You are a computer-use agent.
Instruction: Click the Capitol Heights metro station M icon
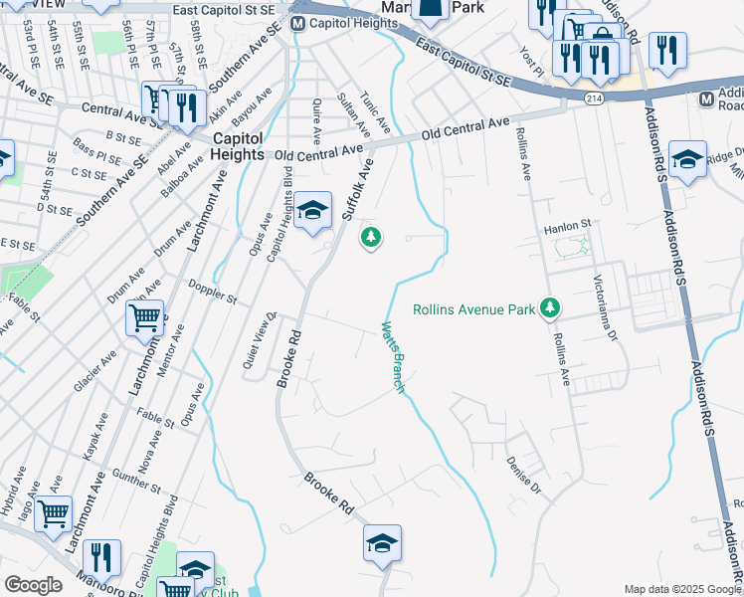tap(298, 22)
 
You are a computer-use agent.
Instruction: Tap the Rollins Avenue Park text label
tap(474, 308)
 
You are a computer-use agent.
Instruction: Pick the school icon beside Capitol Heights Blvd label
tap(312, 211)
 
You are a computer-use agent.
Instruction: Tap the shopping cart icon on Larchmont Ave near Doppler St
tap(144, 319)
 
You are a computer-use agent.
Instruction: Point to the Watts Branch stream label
tap(394, 356)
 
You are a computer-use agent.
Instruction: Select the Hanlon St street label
tap(567, 227)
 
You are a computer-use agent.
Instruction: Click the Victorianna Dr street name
tap(606, 309)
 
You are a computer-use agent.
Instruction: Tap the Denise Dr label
tap(522, 476)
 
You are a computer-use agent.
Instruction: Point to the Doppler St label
tap(213, 292)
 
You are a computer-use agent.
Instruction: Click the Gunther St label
tap(136, 481)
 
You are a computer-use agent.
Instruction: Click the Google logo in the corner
tap(33, 585)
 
